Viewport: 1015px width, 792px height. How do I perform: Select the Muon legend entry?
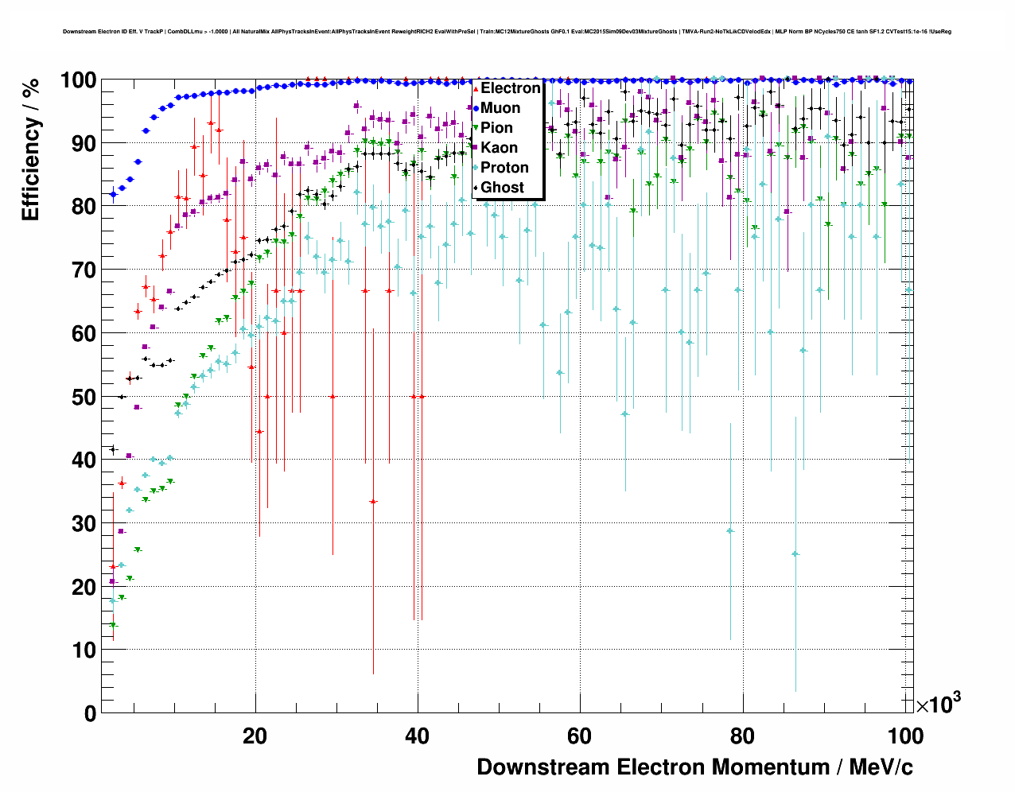500,108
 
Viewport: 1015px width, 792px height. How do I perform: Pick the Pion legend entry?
496,128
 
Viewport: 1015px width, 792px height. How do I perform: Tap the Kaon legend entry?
499,148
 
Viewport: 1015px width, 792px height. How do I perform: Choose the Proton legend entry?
504,168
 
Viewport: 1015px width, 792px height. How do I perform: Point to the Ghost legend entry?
502,188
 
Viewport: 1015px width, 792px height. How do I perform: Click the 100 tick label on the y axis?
79,80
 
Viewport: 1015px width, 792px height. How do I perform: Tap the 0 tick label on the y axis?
90,713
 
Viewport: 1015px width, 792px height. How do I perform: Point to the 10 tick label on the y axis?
84,650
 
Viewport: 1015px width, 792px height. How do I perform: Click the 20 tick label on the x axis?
255,736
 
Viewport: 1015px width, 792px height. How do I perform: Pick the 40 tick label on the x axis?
417,736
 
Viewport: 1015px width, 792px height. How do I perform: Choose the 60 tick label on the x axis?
580,736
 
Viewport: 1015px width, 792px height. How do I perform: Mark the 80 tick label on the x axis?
742,736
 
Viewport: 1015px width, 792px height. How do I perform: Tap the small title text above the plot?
507,32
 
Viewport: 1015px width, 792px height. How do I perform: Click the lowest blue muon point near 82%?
113,194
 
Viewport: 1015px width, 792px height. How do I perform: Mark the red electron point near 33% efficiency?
373,502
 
